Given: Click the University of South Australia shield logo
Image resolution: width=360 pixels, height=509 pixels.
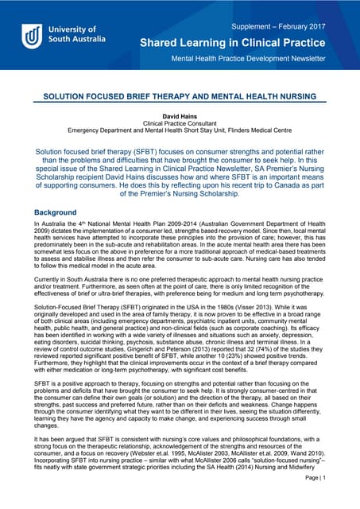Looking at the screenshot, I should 33,36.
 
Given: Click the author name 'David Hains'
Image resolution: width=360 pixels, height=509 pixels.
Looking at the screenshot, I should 180,117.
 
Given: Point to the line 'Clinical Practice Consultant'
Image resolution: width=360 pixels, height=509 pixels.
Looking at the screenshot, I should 180,124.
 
